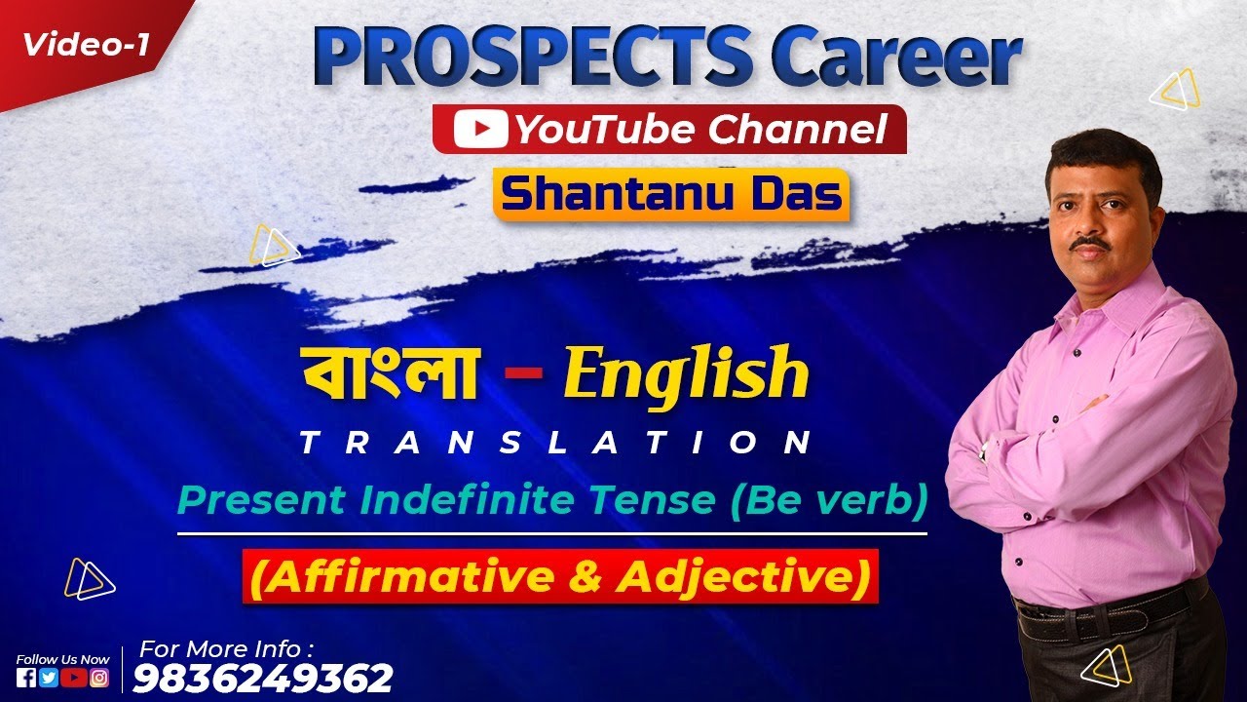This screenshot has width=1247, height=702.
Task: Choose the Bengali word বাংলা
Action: pos(390,372)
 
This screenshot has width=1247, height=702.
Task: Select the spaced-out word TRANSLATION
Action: pos(556,445)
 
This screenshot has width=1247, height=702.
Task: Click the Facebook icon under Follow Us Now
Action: pos(27,679)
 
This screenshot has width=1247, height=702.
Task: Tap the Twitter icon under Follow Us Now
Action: pos(50,679)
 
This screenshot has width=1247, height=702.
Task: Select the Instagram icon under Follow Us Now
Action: pos(99,679)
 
